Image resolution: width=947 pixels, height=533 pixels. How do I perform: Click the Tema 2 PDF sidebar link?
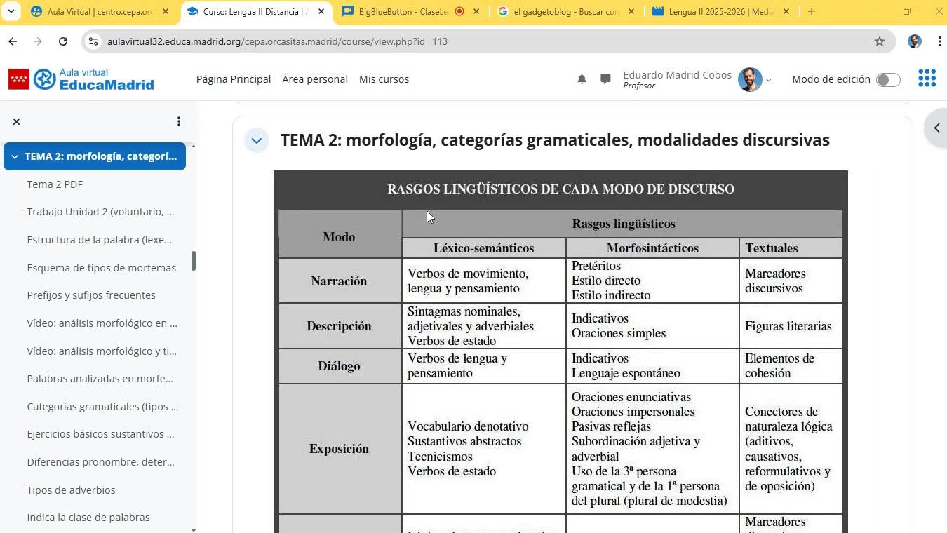[55, 184]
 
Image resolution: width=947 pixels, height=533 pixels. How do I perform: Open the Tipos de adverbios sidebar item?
[71, 490]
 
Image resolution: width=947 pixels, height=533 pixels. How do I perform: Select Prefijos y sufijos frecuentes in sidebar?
[91, 295]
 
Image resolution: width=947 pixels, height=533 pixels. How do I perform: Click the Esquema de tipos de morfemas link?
[101, 268]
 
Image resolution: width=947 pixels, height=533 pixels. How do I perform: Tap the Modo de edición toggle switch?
[888, 80]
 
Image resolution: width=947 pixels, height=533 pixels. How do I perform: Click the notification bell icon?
[582, 79]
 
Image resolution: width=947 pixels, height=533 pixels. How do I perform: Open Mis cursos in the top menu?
[384, 79]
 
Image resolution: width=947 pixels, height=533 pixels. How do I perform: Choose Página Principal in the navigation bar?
[234, 79]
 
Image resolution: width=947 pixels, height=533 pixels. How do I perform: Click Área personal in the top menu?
[315, 79]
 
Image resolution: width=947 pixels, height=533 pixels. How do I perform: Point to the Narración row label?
[339, 281]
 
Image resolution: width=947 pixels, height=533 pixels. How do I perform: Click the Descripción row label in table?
[339, 326]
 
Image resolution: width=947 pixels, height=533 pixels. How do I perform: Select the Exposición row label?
[339, 449]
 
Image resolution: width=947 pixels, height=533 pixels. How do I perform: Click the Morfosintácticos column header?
[652, 248]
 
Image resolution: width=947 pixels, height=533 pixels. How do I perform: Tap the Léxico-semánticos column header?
[483, 248]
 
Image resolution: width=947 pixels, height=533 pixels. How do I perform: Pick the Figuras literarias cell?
[788, 326]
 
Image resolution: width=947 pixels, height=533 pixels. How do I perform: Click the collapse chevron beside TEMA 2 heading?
[257, 140]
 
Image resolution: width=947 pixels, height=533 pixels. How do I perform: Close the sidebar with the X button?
[17, 121]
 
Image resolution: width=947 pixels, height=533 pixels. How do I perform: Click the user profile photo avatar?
[750, 80]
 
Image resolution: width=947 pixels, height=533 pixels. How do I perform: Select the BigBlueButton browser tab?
[403, 12]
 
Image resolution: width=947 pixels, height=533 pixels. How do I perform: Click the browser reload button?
[63, 41]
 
